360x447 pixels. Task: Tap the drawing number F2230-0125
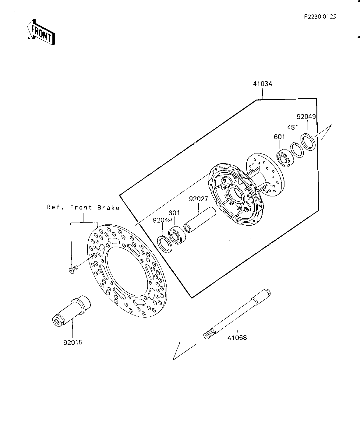320,17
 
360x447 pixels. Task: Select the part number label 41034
263,84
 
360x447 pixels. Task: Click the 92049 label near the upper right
306,117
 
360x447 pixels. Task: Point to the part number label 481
293,127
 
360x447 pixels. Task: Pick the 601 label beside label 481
279,137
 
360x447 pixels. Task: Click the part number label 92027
198,199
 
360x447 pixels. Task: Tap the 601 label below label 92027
174,213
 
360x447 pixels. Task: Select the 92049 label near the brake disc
162,220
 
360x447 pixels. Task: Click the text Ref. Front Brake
83,207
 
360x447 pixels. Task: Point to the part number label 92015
73,342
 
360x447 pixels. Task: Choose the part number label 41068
237,338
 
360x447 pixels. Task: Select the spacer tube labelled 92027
200,220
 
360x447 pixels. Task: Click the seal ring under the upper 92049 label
308,142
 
